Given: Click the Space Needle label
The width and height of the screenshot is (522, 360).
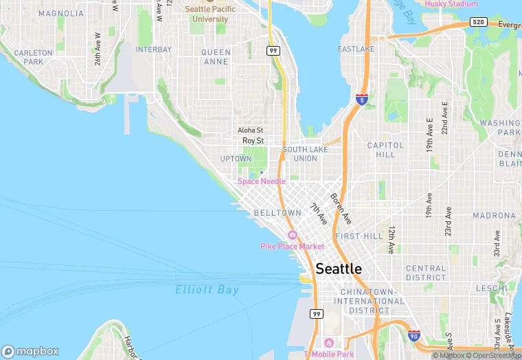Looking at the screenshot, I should coord(261,181).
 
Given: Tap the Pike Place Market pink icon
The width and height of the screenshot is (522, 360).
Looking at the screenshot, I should coord(293,235).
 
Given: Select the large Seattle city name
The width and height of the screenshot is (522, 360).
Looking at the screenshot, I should coord(339,269).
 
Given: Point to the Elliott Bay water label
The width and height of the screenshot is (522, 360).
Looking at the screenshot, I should coord(207,289).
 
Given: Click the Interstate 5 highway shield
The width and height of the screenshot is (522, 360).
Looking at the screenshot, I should coord(361,100).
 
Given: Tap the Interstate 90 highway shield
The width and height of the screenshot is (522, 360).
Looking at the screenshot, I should coord(413,335).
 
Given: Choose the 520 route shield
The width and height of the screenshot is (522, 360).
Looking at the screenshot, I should coord(479,22).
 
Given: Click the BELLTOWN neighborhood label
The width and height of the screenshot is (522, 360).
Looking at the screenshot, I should coord(277,213).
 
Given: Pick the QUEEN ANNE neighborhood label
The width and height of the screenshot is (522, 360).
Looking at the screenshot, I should coord(216,56).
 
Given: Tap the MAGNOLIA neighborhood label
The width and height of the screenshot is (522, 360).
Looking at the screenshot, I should coord(61,13).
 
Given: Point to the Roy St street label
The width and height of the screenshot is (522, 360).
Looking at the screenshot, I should coord(253,140).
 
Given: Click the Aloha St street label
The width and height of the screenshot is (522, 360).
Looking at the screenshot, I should coord(250,130).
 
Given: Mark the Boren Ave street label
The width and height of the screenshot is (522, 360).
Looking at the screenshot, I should coord(341,208).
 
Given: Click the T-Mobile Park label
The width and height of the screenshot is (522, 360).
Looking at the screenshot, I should coord(329,355).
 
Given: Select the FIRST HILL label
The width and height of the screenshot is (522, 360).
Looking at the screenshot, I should coord(359,236).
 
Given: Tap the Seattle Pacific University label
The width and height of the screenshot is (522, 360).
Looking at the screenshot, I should coord(210,14).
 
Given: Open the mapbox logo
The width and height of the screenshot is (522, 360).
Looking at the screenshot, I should coord(31,350).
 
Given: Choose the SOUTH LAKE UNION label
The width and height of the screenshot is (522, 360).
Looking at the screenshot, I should coord(300,154).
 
